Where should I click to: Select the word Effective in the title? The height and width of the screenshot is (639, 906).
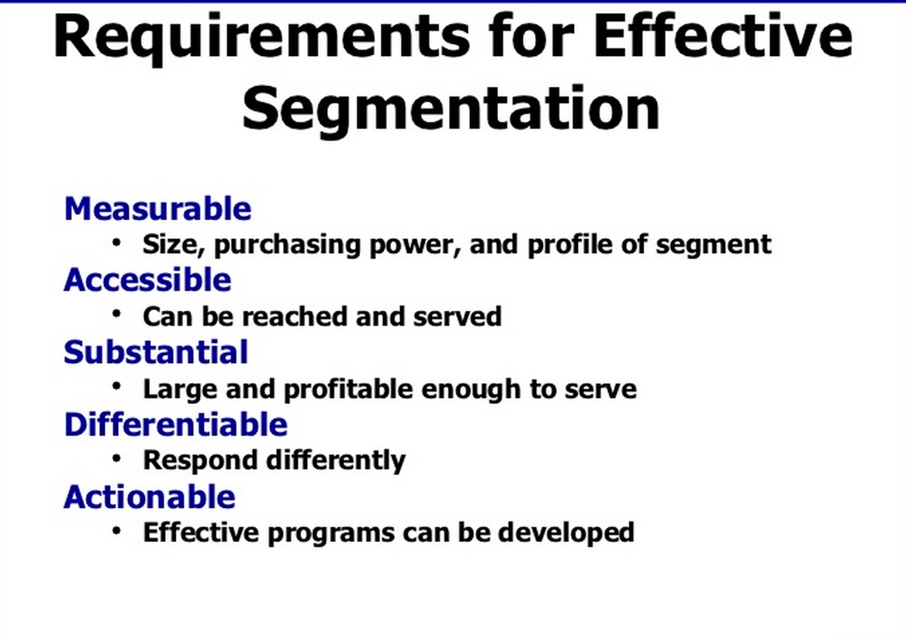[723, 35]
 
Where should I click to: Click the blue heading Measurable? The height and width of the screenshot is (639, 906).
[157, 209]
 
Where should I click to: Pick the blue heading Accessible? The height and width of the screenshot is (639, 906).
[148, 280]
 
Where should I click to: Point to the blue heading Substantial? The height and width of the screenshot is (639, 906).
[156, 352]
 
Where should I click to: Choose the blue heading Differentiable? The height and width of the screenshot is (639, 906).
[175, 425]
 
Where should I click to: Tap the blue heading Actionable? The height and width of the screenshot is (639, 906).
[150, 497]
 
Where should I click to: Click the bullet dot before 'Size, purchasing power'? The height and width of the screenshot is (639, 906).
[116, 242]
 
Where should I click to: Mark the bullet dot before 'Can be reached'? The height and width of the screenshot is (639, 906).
[116, 314]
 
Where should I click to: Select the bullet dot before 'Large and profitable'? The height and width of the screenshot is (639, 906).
[116, 386]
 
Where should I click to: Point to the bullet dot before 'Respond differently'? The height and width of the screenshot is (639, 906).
[116, 458]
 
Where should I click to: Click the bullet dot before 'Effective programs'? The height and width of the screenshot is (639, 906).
[116, 530]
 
